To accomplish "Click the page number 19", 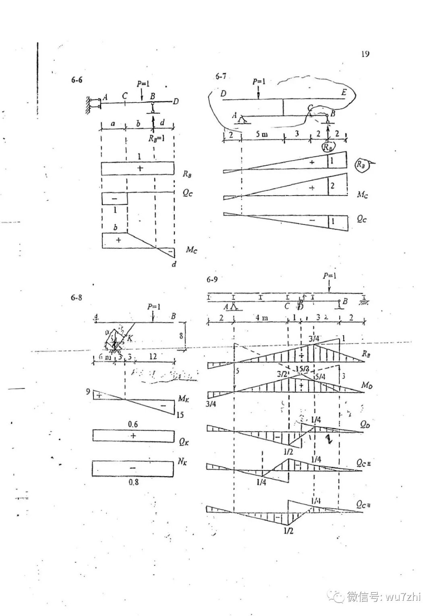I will pyautogui.click(x=365, y=54).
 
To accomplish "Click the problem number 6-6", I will pyautogui.click(x=77, y=80).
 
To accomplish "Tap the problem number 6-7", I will pyautogui.click(x=221, y=76).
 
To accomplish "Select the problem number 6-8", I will pyautogui.click(x=77, y=298).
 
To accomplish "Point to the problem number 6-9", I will pyautogui.click(x=212, y=279).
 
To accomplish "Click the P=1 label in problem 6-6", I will pyautogui.click(x=143, y=84).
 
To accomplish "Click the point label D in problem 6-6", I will pyautogui.click(x=176, y=102).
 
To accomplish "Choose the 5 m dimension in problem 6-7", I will pyautogui.click(x=262, y=134).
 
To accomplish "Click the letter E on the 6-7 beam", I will pyautogui.click(x=344, y=93).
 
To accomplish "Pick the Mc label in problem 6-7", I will pyautogui.click(x=362, y=195).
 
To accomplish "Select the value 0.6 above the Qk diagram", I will pyautogui.click(x=133, y=424).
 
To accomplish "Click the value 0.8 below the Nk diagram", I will pyautogui.click(x=133, y=482).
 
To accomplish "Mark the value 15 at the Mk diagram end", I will pyautogui.click(x=180, y=414).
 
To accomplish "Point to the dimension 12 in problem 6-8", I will pyautogui.click(x=153, y=356).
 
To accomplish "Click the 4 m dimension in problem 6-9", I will pyautogui.click(x=261, y=318).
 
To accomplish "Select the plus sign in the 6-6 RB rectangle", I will pyautogui.click(x=140, y=168).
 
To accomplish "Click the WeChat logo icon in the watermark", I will pyautogui.click(x=335, y=596).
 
